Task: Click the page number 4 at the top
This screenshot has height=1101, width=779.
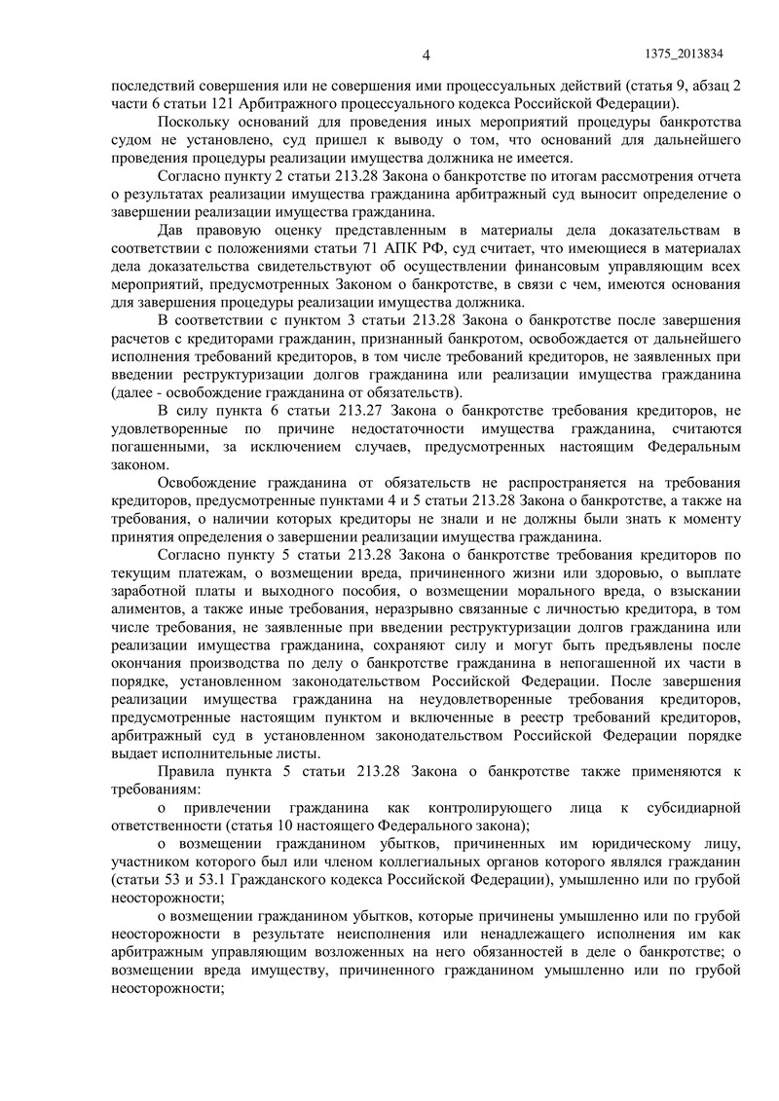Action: pyautogui.click(x=426, y=54)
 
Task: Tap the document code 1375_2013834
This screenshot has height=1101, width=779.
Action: pyautogui.click(x=688, y=54)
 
